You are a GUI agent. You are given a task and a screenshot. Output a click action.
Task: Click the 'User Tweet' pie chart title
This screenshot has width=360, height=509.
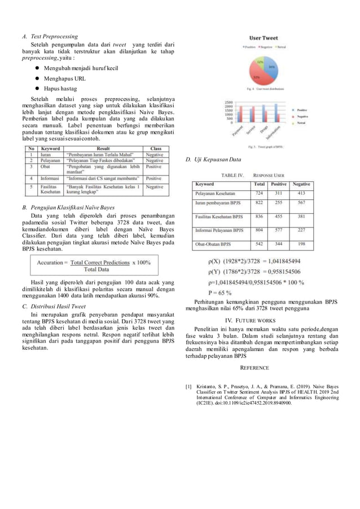264,38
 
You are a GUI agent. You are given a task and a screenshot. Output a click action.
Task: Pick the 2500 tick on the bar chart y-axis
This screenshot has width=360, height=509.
229,104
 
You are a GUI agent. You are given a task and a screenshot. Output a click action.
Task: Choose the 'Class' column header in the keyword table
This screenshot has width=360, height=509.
156,148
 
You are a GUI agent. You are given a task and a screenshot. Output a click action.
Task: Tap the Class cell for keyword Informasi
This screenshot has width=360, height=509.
153,179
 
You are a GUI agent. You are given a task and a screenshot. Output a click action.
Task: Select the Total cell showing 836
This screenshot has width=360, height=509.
259,216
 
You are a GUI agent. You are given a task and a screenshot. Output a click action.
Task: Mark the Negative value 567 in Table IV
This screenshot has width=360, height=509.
301,202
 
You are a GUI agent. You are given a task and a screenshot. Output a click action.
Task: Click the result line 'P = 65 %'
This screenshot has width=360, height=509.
221,292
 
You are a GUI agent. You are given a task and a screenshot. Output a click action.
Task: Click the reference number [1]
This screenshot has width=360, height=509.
189,387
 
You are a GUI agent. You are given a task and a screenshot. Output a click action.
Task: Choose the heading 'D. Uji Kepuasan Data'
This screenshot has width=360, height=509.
213,160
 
